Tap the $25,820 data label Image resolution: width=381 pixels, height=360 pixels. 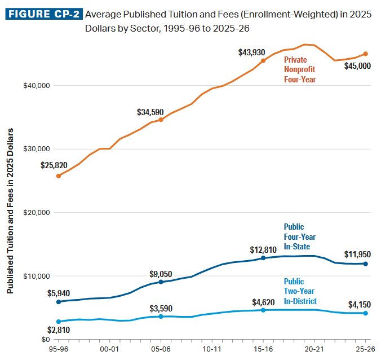tap(54, 165)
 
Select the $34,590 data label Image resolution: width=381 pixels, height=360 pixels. tap(150, 112)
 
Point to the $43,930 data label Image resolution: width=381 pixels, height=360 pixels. tap(252, 52)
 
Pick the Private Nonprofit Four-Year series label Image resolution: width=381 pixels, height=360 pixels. tap(300, 69)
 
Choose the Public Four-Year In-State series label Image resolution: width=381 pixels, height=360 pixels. tap(297, 237)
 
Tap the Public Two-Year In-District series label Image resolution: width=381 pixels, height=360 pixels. tap(300, 291)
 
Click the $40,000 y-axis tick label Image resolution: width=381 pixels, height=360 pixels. tap(37, 86)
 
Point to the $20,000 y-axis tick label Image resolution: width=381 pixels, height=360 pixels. tap(37, 213)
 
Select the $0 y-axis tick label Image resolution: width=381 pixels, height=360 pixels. tap(45, 340)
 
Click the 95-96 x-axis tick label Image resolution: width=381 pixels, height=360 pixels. tap(58, 350)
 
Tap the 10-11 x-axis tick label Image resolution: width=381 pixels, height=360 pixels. tap(212, 350)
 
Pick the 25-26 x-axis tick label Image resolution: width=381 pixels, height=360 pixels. tap(366, 350)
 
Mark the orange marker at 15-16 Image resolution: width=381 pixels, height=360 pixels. tap(263, 60)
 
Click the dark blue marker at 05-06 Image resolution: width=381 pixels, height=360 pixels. tap(161, 282)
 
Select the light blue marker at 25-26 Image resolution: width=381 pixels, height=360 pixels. tap(366, 313)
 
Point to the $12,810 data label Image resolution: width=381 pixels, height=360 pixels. tap(263, 249)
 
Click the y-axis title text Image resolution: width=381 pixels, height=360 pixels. tap(10, 218)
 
